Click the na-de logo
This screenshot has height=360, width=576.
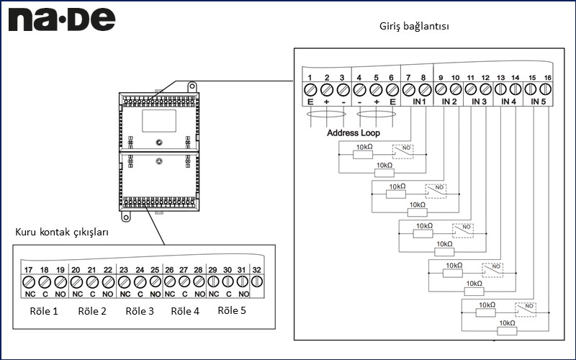61,19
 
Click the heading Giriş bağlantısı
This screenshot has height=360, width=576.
414,27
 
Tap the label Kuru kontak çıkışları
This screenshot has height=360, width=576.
62,232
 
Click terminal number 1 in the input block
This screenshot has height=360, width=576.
310,77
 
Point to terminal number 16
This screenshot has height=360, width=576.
548,77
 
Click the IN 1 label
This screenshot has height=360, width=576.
419,102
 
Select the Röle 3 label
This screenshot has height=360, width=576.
140,312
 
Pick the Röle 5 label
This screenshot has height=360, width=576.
232,311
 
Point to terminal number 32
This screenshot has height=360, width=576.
257,269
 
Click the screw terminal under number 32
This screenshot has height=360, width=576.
257,282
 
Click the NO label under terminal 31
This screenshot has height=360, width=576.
243,294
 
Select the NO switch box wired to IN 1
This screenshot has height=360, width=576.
402,151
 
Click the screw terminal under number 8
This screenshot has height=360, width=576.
425,90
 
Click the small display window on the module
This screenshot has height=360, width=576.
158,122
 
